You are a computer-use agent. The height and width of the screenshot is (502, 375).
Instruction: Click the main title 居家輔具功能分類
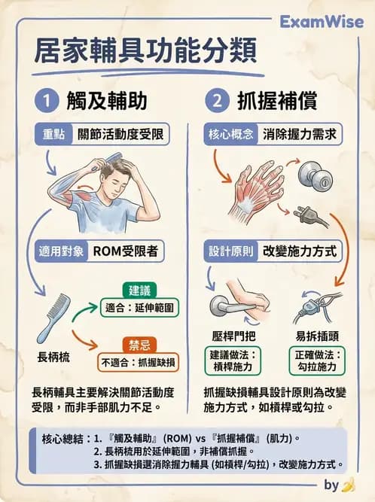pos(145,52)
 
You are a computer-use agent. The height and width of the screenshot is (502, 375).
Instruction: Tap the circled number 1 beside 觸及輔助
pos(46,100)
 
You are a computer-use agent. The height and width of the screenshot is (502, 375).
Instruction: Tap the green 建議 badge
pos(140,290)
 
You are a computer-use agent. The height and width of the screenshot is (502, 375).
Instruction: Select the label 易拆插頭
pos(315,336)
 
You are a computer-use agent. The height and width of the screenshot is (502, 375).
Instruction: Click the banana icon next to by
pos(348,485)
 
